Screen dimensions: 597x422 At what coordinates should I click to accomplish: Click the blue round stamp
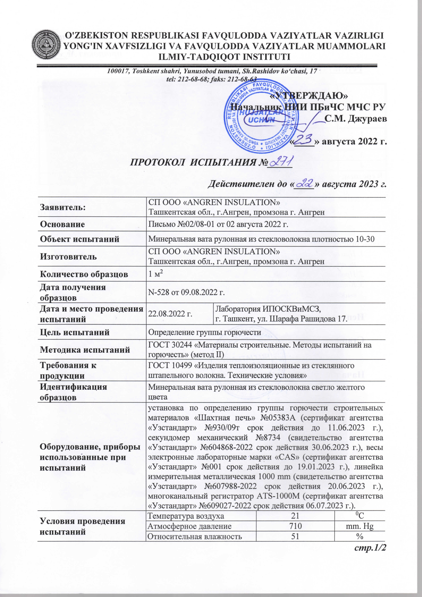pos(261,117)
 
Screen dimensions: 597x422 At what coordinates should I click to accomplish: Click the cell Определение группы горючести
pos(204,332)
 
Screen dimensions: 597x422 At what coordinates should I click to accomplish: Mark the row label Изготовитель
pos(68,257)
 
